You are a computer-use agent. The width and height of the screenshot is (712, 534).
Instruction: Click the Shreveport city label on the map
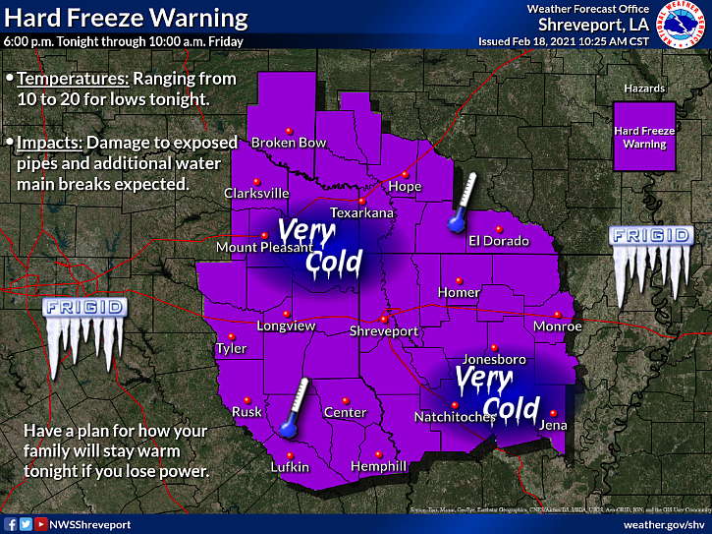point(384,331)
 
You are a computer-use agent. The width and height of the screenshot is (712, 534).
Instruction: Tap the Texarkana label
point(361,212)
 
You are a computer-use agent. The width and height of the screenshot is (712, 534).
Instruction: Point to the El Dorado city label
point(498,241)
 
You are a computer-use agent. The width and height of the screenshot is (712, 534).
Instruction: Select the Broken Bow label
point(289,143)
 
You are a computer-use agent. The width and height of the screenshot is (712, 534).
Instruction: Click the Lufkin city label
point(291,467)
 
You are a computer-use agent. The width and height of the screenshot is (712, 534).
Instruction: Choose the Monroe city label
point(558,326)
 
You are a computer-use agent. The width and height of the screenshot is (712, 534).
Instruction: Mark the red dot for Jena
point(553,413)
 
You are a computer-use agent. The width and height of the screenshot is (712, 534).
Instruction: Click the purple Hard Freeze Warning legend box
point(640,138)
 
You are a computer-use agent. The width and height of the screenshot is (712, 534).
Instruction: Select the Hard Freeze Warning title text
point(125,18)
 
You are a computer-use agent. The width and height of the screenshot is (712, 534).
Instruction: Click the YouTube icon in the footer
point(40,524)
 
